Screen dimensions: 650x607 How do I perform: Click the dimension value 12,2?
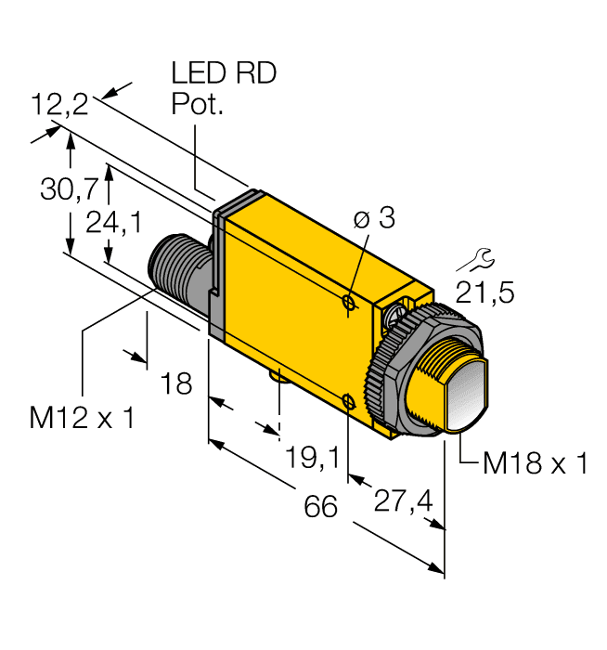59,104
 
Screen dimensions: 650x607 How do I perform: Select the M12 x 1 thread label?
82,418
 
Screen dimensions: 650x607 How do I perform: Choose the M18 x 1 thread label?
536,462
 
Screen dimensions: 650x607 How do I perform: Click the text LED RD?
224,74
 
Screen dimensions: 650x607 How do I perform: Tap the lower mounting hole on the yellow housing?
347,401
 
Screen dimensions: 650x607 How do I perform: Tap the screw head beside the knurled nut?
399,315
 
